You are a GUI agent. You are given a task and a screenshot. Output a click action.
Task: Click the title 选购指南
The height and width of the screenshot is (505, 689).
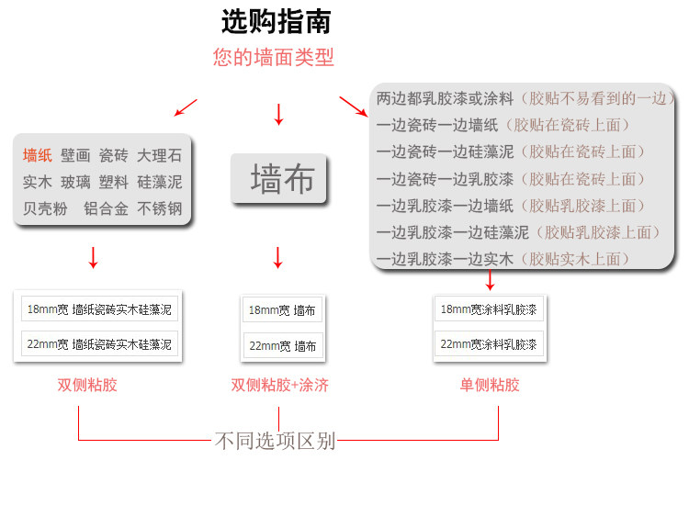click(276, 21)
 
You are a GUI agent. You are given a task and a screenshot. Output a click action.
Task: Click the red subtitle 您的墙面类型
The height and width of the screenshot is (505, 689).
click(274, 57)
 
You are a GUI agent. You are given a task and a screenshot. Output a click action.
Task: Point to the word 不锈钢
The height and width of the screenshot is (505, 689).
click(160, 208)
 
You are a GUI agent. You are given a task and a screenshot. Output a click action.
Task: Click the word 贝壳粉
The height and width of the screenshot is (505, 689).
click(46, 208)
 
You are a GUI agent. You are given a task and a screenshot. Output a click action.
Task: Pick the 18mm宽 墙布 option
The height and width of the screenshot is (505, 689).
click(282, 310)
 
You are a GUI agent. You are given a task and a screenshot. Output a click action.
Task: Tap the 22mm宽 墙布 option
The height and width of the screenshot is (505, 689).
click(282, 346)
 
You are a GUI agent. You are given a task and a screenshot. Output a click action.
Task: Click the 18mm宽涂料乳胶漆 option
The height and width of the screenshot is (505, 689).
click(489, 309)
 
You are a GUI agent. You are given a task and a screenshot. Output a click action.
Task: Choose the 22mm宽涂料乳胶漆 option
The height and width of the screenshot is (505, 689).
click(489, 345)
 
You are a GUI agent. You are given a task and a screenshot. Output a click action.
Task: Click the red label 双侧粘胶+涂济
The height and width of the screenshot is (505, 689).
click(280, 385)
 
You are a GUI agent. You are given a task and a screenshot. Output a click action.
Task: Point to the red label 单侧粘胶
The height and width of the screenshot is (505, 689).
click(490, 385)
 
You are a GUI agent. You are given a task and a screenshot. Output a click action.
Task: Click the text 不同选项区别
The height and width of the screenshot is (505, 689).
click(275, 442)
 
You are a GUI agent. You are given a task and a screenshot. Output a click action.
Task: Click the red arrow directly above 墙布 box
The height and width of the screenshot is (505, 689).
click(278, 115)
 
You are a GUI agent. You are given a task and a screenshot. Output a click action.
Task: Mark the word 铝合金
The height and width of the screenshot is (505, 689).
click(106, 208)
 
